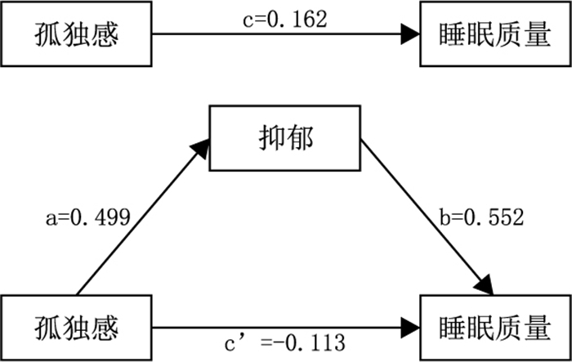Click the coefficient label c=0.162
[x=285, y=20]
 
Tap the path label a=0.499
[x=88, y=217]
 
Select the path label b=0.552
[x=481, y=217]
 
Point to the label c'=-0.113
[x=284, y=343]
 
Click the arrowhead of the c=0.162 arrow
[x=410, y=34]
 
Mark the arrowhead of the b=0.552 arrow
[x=485, y=284]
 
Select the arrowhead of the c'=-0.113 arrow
[x=410, y=328]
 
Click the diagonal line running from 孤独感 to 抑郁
[x=143, y=217]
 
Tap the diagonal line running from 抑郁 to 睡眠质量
[x=427, y=217]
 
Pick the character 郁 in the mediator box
[x=300, y=139]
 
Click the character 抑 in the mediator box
[x=272, y=139]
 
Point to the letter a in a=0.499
[x=51, y=219]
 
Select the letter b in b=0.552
[x=445, y=217]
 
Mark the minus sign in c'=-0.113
[x=280, y=344]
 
